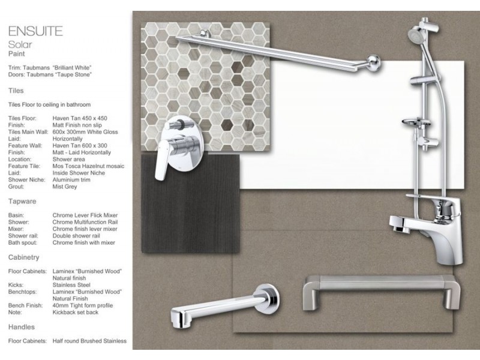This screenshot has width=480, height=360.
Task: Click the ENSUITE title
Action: pos(35,31)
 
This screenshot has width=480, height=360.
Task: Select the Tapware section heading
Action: pos(22,202)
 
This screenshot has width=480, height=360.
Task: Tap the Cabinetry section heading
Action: pos(23,257)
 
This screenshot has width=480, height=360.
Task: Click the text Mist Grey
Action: pos(65,187)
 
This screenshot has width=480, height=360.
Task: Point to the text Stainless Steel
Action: pos(71,285)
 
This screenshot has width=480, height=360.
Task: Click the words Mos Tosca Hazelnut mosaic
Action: pos(88,166)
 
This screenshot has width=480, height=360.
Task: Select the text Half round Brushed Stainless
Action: pos(89,341)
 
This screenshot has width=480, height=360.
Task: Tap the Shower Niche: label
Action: pos(26,179)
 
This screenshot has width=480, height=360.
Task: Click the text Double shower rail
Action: pos(76,236)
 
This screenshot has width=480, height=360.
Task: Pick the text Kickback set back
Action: pos(76,312)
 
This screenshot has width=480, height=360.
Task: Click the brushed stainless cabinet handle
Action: pos(382,292)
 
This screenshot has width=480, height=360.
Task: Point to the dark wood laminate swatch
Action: pos(190,203)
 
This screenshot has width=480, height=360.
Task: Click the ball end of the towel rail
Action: pos(373,63)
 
